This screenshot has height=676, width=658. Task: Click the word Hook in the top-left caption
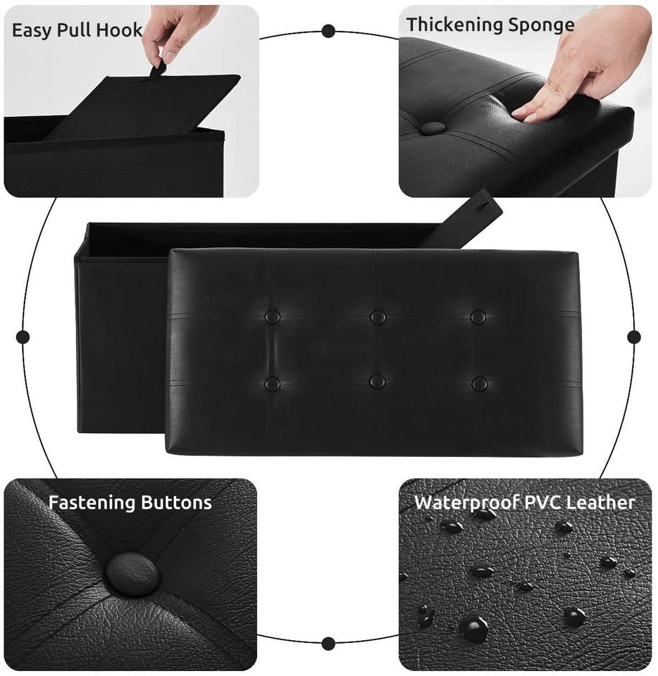tap(119, 30)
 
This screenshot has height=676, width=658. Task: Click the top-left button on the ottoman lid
tap(272, 318)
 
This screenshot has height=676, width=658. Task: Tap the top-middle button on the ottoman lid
tap(378, 318)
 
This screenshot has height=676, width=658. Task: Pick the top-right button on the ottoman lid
tap(478, 317)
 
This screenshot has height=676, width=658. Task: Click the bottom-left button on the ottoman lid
tap(272, 384)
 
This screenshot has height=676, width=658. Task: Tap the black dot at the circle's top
tap(328, 31)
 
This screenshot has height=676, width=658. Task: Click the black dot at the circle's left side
tap(23, 337)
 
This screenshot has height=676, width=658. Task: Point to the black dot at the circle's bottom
tap(328, 644)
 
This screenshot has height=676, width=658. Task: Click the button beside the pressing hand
tap(433, 127)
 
